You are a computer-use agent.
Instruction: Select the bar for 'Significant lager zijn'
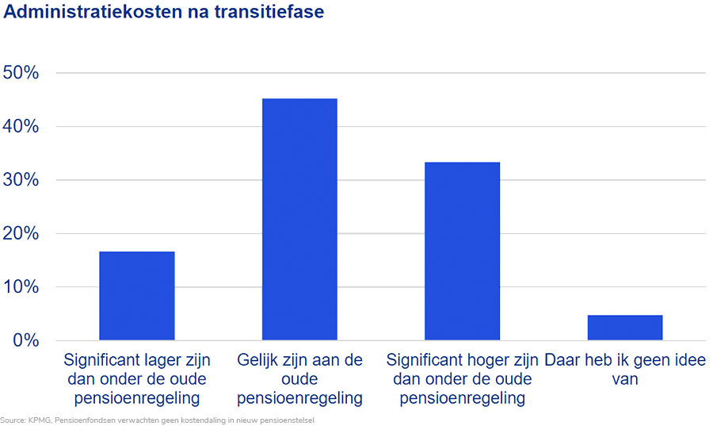(136, 295)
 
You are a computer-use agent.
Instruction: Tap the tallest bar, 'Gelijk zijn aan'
(299, 219)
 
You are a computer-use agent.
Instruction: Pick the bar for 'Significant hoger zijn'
(462, 251)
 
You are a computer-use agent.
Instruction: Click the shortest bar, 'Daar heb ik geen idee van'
(625, 328)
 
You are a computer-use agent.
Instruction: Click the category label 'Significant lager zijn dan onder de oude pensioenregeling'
(136, 378)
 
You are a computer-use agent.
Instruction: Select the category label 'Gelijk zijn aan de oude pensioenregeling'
(299, 378)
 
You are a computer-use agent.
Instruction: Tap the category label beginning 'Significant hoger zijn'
(462, 378)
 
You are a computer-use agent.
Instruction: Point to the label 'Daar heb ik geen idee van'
(625, 369)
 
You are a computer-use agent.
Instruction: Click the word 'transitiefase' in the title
(270, 13)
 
